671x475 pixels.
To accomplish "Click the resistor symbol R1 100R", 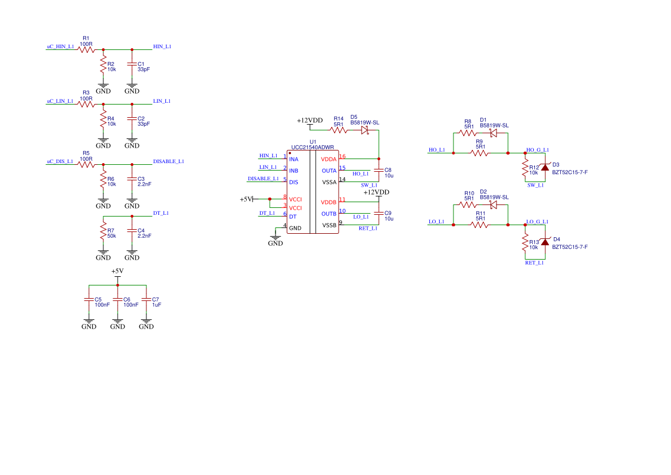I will click(86, 49).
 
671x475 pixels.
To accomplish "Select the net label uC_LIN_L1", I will click(60, 101).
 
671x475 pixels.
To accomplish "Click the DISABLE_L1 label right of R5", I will click(168, 161).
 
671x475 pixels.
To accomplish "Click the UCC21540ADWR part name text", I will click(312, 147).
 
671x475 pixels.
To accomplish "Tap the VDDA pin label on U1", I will click(329, 159).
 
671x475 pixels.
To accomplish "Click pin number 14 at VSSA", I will click(343, 179).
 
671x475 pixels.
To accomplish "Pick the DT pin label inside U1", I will click(293, 217).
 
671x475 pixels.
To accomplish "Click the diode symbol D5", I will click(364, 130).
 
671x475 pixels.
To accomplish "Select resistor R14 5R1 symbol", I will click(339, 130).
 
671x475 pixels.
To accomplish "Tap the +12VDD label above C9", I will click(376, 192).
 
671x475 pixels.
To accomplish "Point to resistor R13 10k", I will click(524, 244).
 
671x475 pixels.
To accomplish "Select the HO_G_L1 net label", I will click(537, 150).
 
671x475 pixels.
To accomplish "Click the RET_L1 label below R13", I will click(534, 262).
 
